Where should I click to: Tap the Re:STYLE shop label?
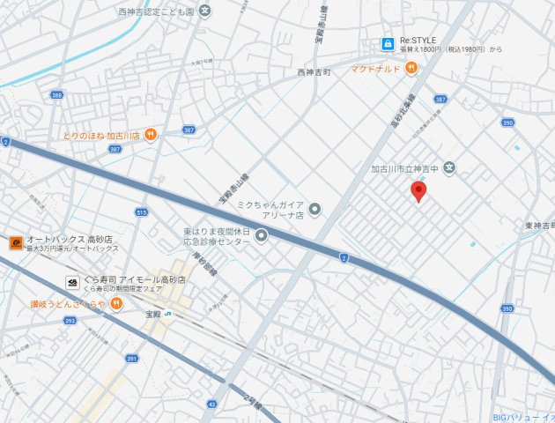[418, 41]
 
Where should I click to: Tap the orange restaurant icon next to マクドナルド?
[411, 69]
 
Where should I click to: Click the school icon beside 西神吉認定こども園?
[205, 11]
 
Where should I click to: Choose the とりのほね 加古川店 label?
[102, 136]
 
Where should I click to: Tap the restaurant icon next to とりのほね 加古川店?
[152, 135]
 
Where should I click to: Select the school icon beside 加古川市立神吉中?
[448, 167]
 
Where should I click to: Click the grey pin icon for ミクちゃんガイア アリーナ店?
[316, 209]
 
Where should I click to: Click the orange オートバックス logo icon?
[16, 242]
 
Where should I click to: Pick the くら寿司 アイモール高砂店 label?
[132, 279]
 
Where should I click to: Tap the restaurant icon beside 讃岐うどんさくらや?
[116, 304]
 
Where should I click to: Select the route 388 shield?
[56, 95]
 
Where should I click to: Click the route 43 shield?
[211, 404]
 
